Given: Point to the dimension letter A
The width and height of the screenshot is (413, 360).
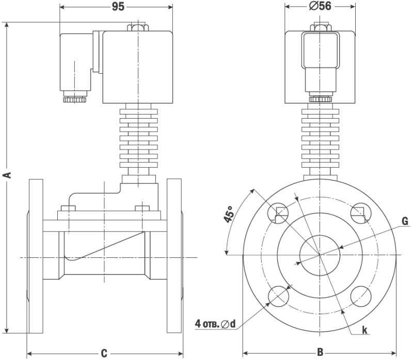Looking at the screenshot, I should point(7,176).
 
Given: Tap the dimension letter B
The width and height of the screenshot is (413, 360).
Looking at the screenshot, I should point(320,352).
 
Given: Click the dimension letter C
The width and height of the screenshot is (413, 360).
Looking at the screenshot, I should point(104,353).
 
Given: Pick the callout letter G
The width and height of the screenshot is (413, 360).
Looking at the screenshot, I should point(405,221).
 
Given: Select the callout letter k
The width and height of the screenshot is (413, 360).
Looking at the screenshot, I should point(364,330).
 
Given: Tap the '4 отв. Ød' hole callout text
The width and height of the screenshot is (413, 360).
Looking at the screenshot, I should point(215,324).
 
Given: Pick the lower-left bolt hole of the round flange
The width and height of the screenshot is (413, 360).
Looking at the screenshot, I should point(279,296).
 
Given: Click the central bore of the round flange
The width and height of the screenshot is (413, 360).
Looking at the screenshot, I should point(320,254).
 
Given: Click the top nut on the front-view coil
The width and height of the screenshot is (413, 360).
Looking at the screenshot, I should point(320,26).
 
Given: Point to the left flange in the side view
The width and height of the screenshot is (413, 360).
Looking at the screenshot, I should point(36,256).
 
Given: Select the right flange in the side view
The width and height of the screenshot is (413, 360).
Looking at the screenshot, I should point(174,256).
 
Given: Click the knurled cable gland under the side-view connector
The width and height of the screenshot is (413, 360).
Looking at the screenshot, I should point(75,99).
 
